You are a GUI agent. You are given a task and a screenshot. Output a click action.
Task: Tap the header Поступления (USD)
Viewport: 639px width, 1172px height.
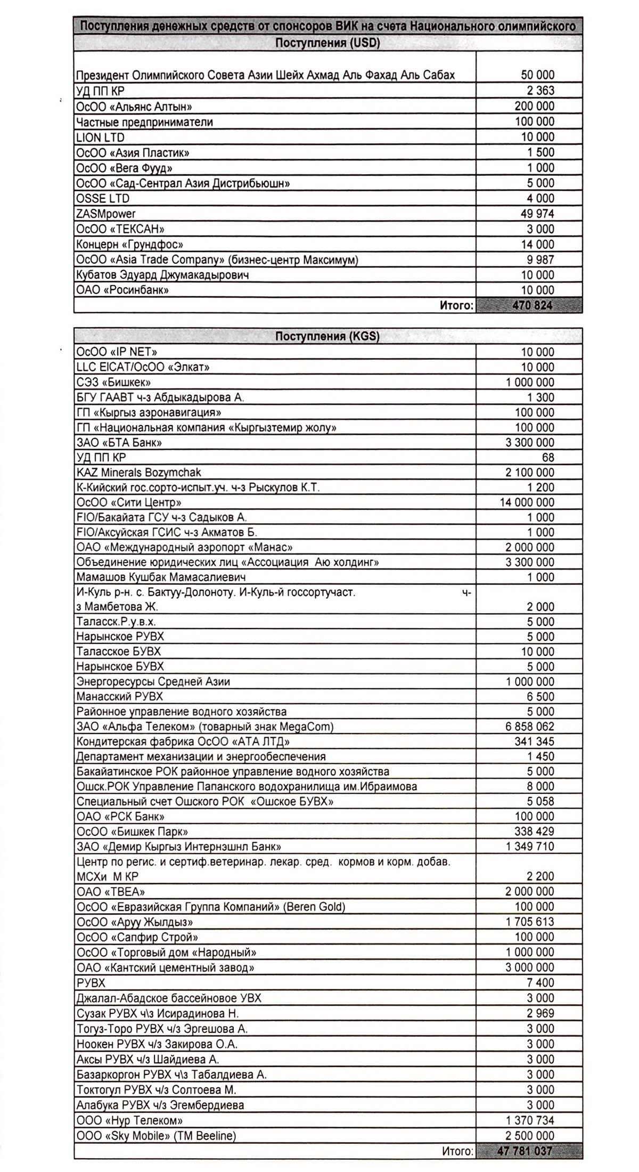327,43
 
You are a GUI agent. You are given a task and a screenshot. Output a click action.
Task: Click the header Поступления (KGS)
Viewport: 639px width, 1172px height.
327,337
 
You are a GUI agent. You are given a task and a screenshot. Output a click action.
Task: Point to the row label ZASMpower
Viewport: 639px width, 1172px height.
106,214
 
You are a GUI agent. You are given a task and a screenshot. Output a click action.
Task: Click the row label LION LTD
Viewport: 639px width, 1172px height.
101,137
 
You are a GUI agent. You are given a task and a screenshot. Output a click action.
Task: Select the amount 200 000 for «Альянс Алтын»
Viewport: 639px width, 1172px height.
534,107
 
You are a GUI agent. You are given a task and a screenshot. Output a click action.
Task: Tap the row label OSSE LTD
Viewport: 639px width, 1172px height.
103,199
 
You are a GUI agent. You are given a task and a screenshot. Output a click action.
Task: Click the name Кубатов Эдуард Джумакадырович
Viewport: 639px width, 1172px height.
163,275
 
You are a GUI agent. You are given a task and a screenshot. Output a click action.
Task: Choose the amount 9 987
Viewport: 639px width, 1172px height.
538,260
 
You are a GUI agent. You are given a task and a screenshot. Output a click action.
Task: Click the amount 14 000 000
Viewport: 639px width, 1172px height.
526,502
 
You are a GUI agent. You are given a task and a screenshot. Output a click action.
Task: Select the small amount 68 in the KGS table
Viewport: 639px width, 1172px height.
548,458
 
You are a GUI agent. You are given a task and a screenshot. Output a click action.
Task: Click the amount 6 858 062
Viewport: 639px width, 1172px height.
530,727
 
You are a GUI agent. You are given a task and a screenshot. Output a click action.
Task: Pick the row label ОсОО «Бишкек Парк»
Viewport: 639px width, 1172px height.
132,832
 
